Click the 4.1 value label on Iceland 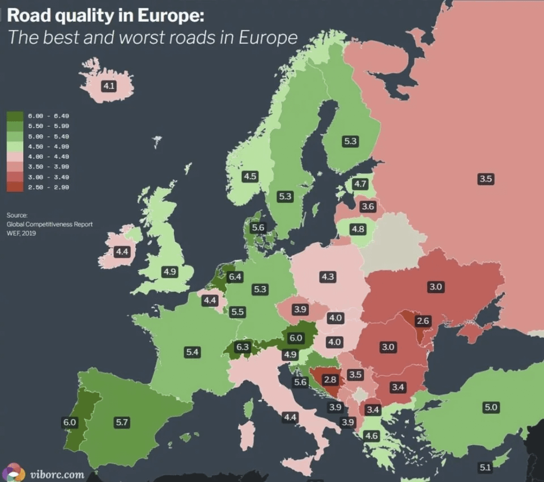[x=108, y=86]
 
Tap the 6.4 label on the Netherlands [x=235, y=277]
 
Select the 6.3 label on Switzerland [x=243, y=346]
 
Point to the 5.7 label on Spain [x=122, y=422]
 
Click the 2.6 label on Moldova [x=423, y=321]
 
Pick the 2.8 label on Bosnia [x=330, y=379]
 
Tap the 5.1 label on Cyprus [x=485, y=467]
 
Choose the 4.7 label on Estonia [x=360, y=184]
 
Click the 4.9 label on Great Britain [x=169, y=272]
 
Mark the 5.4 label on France [x=193, y=352]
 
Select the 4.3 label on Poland [x=327, y=277]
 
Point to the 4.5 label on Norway [x=250, y=176]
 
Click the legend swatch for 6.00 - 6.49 [x=15, y=116]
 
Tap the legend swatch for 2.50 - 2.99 [x=15, y=188]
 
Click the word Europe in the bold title [x=168, y=15]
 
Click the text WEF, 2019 [x=21, y=232]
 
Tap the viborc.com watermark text [x=57, y=474]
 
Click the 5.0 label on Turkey [x=490, y=407]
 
